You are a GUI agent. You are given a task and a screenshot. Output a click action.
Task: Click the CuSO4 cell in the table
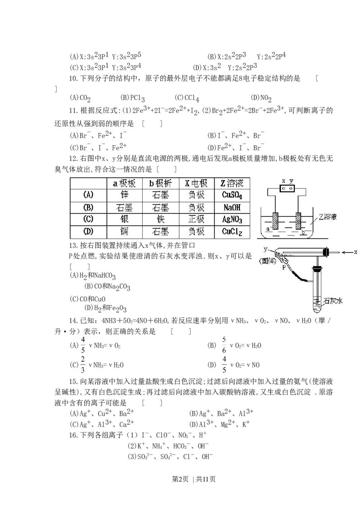[x=232, y=195]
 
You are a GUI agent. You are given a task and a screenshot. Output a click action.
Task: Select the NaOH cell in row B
[x=232, y=207]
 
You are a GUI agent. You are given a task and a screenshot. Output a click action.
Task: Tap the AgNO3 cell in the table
[x=232, y=220]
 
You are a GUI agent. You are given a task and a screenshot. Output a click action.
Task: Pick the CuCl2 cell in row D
[x=232, y=232]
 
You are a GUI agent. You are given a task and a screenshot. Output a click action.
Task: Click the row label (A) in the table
[x=88, y=195]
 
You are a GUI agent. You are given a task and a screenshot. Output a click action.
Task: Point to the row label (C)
[x=88, y=220]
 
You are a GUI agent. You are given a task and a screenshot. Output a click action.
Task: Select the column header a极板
[x=125, y=183]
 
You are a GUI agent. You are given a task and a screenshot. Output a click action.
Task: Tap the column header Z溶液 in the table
[x=232, y=183]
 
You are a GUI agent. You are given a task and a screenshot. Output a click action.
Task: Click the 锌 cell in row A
[x=125, y=195]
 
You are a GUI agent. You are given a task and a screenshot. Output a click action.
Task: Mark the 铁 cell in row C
[x=160, y=220]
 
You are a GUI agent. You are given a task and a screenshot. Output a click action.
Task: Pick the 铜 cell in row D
[x=125, y=232]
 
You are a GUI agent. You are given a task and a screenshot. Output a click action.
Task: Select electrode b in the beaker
[x=298, y=222]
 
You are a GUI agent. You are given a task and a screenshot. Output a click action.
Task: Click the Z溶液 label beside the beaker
[x=328, y=216]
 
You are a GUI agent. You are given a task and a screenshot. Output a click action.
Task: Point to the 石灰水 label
[x=333, y=301]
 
